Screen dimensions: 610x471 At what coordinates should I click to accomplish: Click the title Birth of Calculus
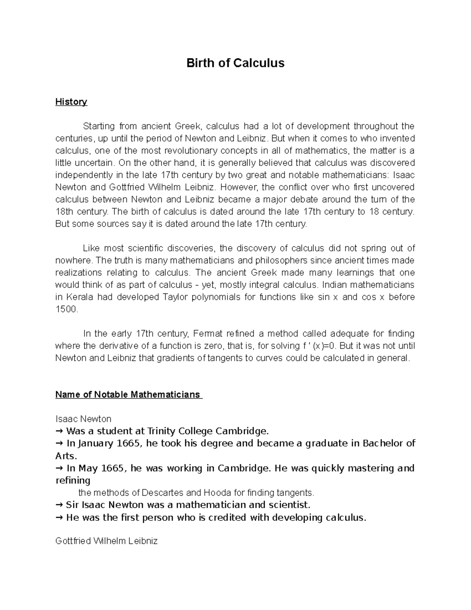coord(235,63)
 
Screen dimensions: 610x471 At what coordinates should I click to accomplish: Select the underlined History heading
coord(71,102)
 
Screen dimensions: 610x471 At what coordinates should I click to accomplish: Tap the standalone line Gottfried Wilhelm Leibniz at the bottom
coord(106,541)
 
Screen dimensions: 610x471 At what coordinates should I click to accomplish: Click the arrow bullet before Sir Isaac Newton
coord(59,505)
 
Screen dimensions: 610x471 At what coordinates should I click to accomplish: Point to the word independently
coord(80,175)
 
